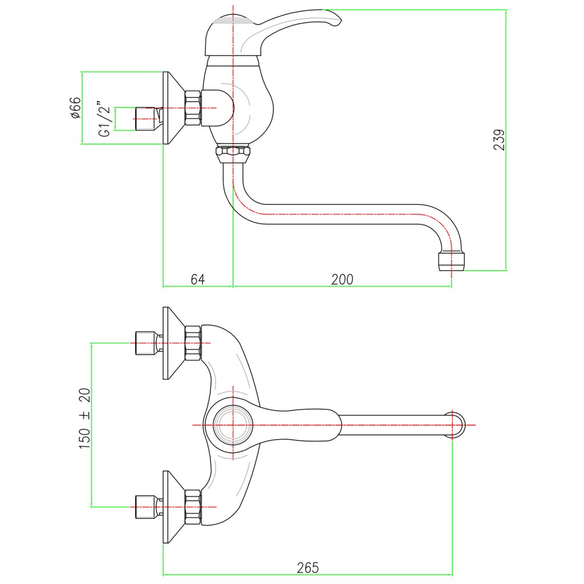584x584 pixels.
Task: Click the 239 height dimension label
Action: pos(499,140)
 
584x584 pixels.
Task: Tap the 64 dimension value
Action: pos(198,279)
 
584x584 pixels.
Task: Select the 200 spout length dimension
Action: pos(342,279)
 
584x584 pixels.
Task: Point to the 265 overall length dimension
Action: pos(307,567)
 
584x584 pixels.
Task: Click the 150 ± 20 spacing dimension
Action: pos(85,418)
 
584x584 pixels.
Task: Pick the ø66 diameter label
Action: pos(75,108)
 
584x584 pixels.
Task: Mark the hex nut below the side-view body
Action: pos(233,153)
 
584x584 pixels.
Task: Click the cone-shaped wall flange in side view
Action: pos(174,108)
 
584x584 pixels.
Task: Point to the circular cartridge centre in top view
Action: pos(233,425)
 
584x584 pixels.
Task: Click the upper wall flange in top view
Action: pos(174,343)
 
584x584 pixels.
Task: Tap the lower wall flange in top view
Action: pos(174,507)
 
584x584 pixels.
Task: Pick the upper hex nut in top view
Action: pos(193,343)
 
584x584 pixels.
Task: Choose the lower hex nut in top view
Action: pos(193,507)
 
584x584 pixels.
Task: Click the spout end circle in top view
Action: pos(456,425)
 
